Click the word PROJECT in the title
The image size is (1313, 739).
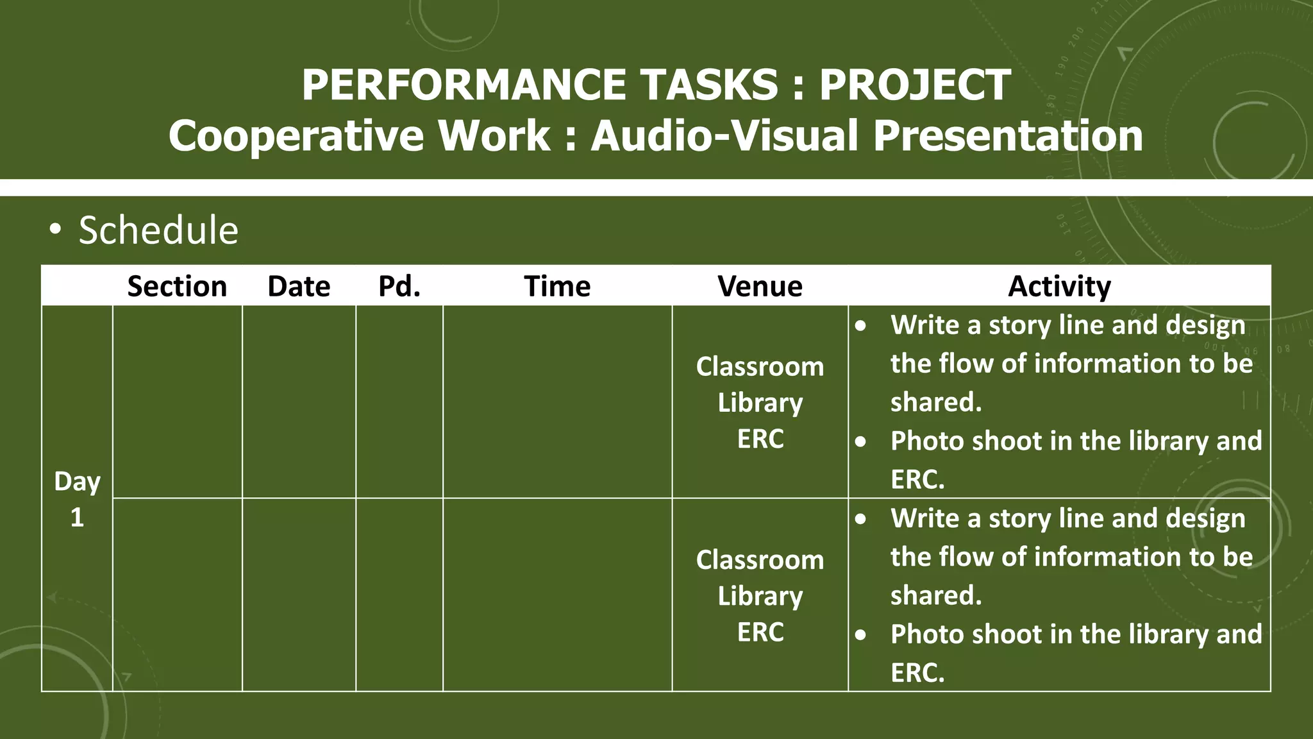(x=915, y=85)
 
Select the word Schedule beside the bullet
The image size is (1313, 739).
(x=158, y=230)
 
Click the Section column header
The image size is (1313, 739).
(x=177, y=286)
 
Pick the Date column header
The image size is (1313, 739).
(x=299, y=286)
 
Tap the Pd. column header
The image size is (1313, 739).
(x=399, y=286)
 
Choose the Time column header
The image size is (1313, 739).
(x=557, y=286)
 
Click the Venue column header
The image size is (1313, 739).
(x=760, y=286)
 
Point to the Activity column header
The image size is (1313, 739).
(x=1059, y=286)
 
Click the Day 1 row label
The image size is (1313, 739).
(x=77, y=498)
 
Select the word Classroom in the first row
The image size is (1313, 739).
(x=760, y=367)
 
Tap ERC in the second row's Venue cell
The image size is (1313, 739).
(x=760, y=633)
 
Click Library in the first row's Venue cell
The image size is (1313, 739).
(x=760, y=403)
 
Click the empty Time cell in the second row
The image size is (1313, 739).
(x=557, y=595)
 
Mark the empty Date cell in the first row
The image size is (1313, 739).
(x=299, y=402)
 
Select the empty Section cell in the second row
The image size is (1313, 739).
(x=177, y=595)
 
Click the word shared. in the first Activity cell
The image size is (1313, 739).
(x=936, y=402)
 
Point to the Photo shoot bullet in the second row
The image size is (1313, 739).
(x=1075, y=634)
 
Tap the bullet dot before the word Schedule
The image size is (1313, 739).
(x=56, y=229)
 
